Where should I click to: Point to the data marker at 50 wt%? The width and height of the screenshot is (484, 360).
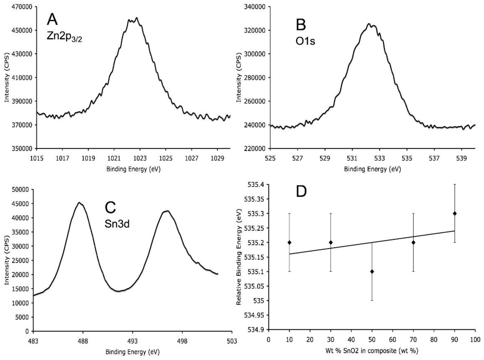click(372, 271)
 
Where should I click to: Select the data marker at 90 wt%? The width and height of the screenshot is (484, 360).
click(455, 213)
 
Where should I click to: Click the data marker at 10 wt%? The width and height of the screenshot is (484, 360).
click(289, 242)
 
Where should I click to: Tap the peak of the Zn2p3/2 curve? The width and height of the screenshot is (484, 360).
click(136, 18)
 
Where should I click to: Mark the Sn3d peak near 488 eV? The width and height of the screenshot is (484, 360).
click(80, 203)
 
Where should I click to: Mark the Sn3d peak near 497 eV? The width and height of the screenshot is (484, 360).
click(167, 211)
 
